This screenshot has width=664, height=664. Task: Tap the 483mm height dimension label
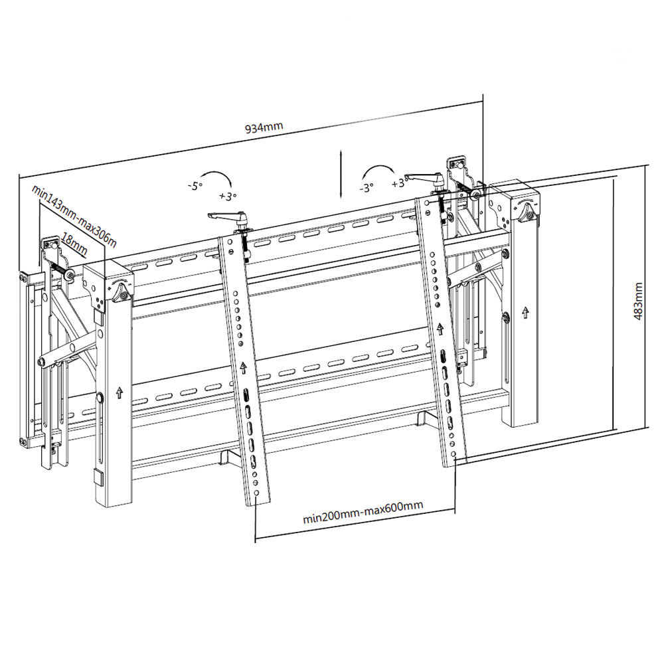coord(638,301)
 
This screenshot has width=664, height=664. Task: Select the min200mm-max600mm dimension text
coord(363,513)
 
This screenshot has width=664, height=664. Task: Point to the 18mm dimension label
coord(74,244)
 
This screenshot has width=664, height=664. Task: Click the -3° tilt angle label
coord(367,187)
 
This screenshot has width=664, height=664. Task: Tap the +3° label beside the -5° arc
coord(228,196)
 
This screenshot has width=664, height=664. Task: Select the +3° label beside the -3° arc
coord(400,183)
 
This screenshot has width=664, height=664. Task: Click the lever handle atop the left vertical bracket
coord(224,216)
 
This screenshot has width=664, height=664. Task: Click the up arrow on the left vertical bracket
coord(243,367)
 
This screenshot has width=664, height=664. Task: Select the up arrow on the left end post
coord(120,392)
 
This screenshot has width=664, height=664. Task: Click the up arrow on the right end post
coord(525,313)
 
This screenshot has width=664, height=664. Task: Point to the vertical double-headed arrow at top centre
coord(340,173)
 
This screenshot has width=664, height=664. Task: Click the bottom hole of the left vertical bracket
coord(256,493)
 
